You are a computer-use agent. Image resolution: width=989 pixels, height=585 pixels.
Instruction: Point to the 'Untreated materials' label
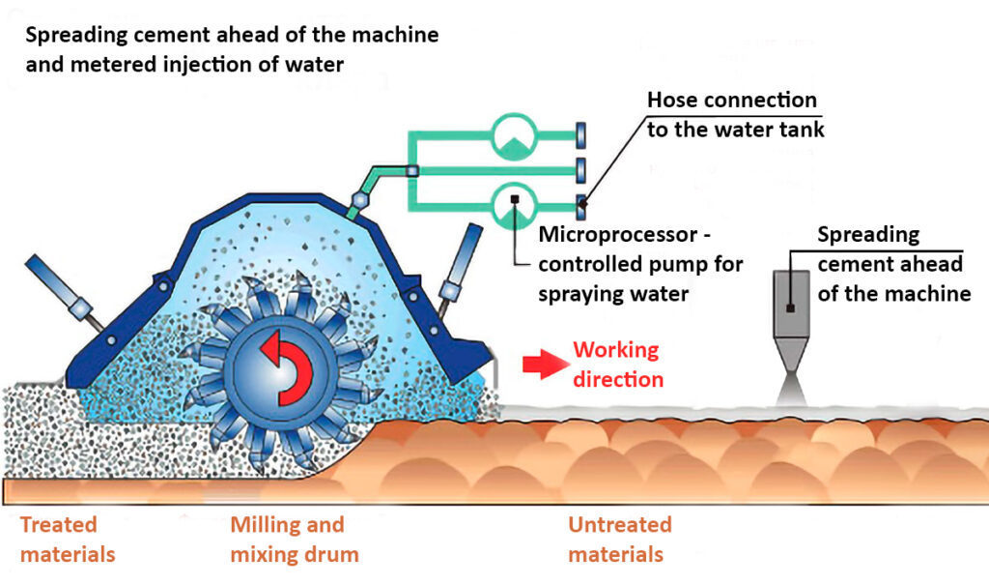click(619, 540)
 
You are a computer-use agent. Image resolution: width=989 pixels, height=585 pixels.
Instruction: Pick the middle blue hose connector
click(580, 169)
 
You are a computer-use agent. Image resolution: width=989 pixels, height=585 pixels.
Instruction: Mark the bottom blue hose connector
click(580, 204)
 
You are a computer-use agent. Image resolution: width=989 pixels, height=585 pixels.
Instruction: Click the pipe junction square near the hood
click(411, 171)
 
